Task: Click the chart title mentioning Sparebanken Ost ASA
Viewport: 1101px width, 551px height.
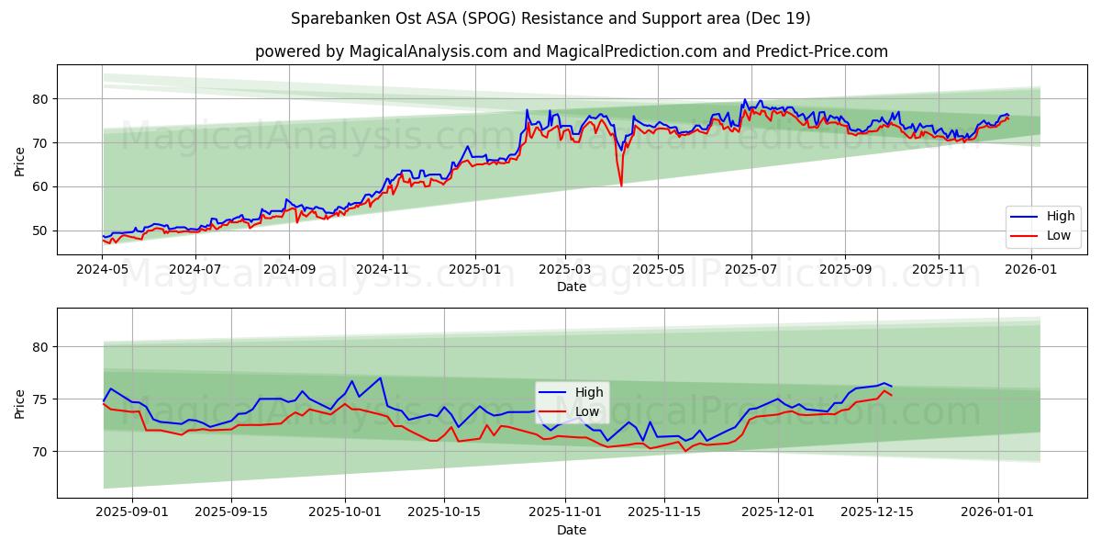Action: click(x=550, y=18)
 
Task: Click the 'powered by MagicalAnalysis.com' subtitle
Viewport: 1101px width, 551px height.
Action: click(x=571, y=51)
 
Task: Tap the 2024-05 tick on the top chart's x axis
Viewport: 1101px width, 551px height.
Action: click(x=103, y=269)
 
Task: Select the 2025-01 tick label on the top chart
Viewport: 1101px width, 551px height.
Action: click(x=475, y=269)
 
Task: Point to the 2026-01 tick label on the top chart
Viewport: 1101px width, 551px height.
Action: click(x=1032, y=269)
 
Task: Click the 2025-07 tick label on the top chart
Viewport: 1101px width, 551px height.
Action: click(x=751, y=269)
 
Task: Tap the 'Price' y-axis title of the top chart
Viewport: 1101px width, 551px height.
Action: click(x=20, y=160)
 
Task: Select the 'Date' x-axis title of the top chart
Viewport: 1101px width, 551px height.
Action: click(x=571, y=287)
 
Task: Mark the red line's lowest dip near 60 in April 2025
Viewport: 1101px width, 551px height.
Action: click(x=621, y=186)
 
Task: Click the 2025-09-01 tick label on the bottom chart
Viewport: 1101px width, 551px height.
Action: click(x=132, y=512)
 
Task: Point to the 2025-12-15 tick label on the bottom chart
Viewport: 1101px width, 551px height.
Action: click(x=877, y=512)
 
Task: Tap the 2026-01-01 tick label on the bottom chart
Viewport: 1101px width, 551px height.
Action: click(x=998, y=512)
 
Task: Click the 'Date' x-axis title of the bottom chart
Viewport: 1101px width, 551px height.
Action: click(x=571, y=530)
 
